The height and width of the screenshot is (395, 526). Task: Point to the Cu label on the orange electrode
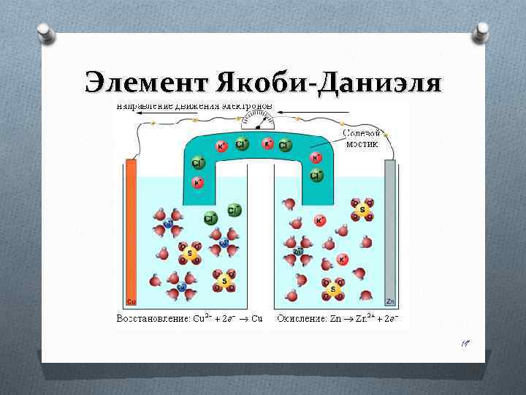131,301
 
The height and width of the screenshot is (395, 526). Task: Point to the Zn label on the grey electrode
390,301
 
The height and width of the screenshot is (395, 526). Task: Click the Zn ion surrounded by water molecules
297,252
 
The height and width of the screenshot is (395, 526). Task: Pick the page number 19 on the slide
465,342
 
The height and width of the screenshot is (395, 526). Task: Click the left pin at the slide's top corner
44,31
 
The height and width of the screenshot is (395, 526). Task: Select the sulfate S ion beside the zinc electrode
361,210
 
